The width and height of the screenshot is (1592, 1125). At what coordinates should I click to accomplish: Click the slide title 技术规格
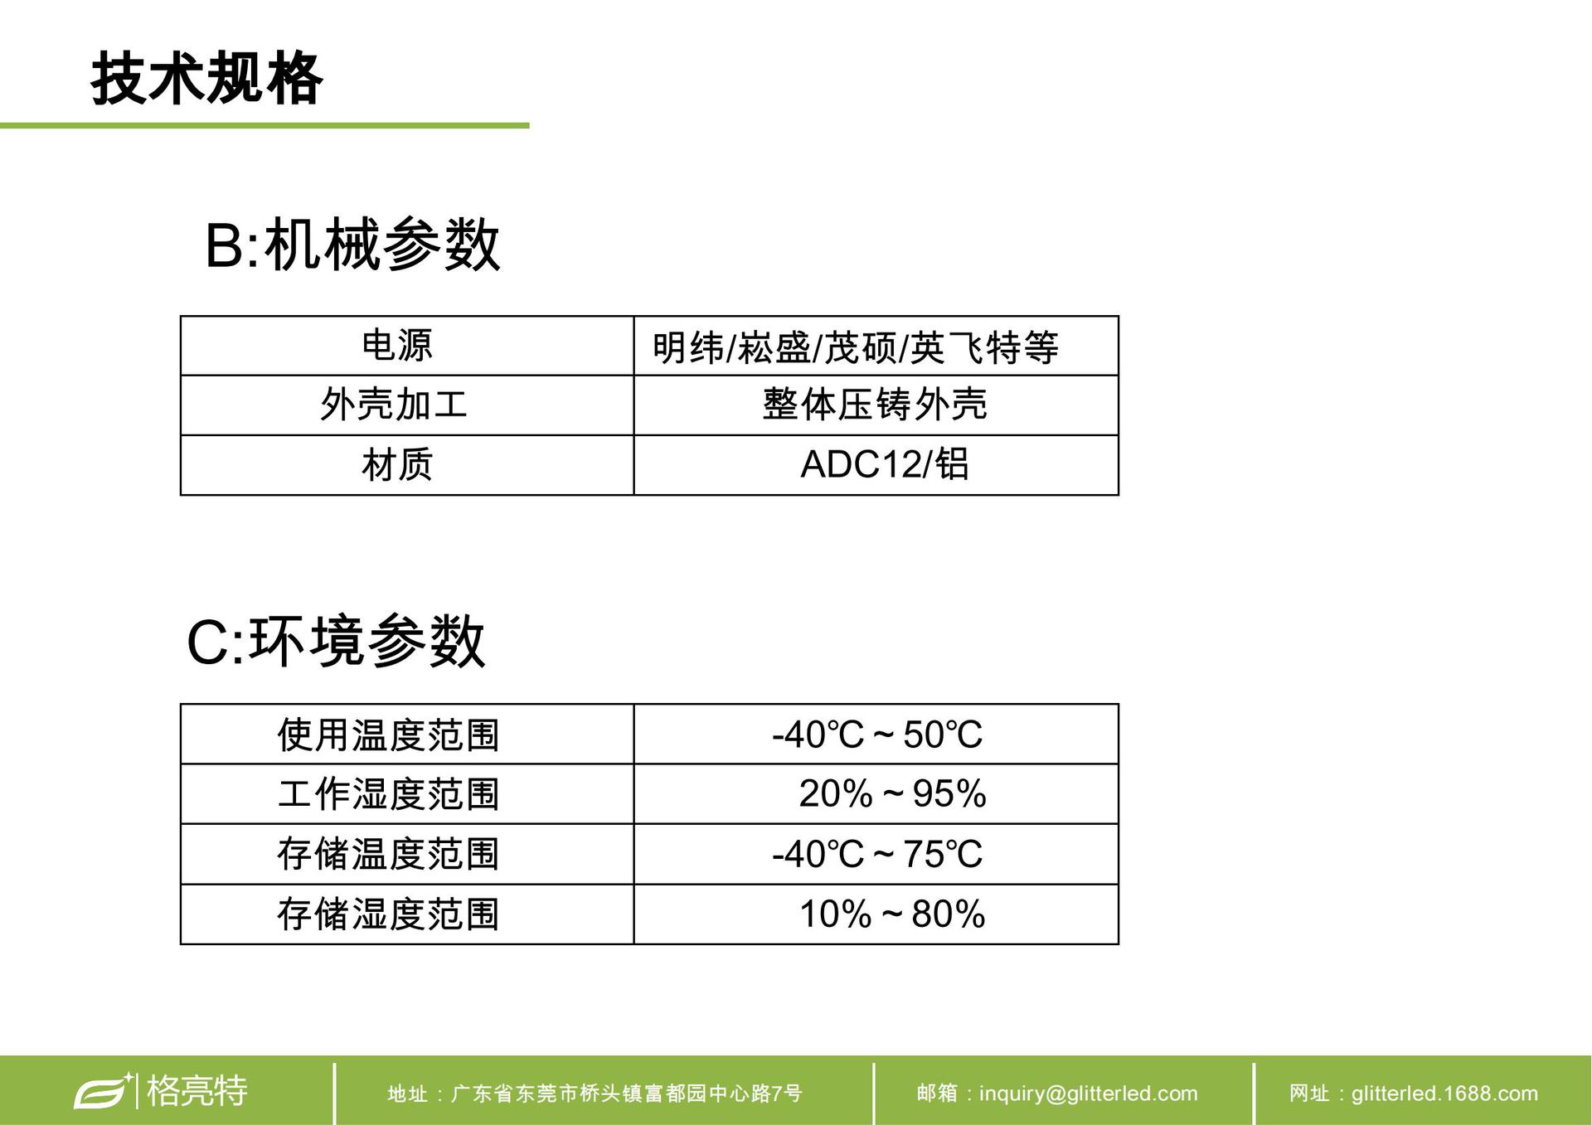click(x=206, y=79)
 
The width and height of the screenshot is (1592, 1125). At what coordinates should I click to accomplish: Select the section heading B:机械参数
click(x=352, y=245)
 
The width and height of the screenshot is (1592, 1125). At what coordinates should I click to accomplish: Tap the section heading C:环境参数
click(x=336, y=641)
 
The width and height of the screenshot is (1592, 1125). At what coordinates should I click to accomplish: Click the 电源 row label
click(x=397, y=346)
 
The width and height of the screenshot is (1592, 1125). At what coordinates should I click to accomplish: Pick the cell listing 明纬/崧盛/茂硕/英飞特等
click(x=856, y=347)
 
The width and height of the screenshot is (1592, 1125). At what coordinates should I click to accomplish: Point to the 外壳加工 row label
click(x=394, y=405)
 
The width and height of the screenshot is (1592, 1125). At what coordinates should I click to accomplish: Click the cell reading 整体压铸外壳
click(x=875, y=405)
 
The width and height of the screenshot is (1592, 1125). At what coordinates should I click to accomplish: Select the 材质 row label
click(x=397, y=464)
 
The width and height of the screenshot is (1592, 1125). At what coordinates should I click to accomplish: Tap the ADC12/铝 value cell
click(x=885, y=463)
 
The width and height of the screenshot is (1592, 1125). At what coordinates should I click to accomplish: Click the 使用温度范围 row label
click(x=388, y=735)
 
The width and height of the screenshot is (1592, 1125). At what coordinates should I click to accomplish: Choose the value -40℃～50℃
click(x=877, y=735)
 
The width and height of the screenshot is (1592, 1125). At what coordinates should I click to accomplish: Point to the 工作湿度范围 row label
click(x=388, y=794)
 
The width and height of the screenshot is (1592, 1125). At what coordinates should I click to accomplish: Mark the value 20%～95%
click(x=892, y=793)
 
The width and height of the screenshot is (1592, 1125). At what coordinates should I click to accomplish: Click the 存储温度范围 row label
click(x=388, y=854)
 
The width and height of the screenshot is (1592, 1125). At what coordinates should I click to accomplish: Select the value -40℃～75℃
click(x=877, y=854)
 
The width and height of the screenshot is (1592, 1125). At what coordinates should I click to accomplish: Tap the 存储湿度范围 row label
click(x=388, y=914)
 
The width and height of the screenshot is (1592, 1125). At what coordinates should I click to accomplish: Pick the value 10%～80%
click(x=892, y=914)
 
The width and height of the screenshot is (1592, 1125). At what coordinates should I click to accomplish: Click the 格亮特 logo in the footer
click(x=161, y=1090)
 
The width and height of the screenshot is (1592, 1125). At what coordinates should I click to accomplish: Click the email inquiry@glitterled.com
click(x=1057, y=1093)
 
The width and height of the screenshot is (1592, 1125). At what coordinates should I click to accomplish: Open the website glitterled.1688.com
click(x=1414, y=1093)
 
